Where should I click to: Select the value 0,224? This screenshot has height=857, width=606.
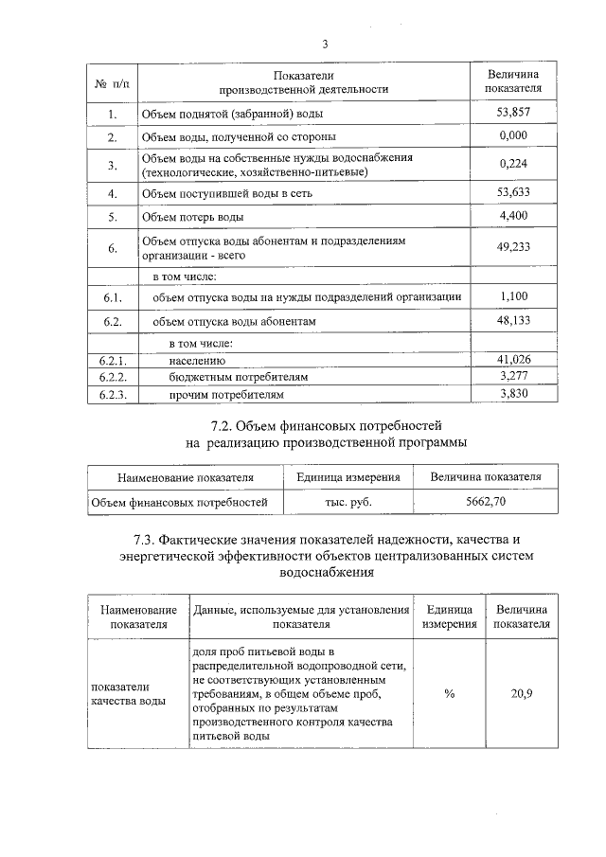coord(513,164)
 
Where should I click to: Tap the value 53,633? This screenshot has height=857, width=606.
coord(513,192)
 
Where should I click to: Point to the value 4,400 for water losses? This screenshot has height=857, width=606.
coord(513,217)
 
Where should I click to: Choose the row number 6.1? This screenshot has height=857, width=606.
coord(113,297)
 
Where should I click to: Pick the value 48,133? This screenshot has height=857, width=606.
coord(513,322)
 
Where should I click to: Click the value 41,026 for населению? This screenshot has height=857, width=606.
coord(513,360)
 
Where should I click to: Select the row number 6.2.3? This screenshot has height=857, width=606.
coord(113,393)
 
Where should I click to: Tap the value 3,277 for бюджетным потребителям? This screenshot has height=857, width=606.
coord(513,376)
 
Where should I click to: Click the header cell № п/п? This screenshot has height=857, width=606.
coord(113,82)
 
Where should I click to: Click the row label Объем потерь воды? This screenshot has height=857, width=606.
coord(192,217)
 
